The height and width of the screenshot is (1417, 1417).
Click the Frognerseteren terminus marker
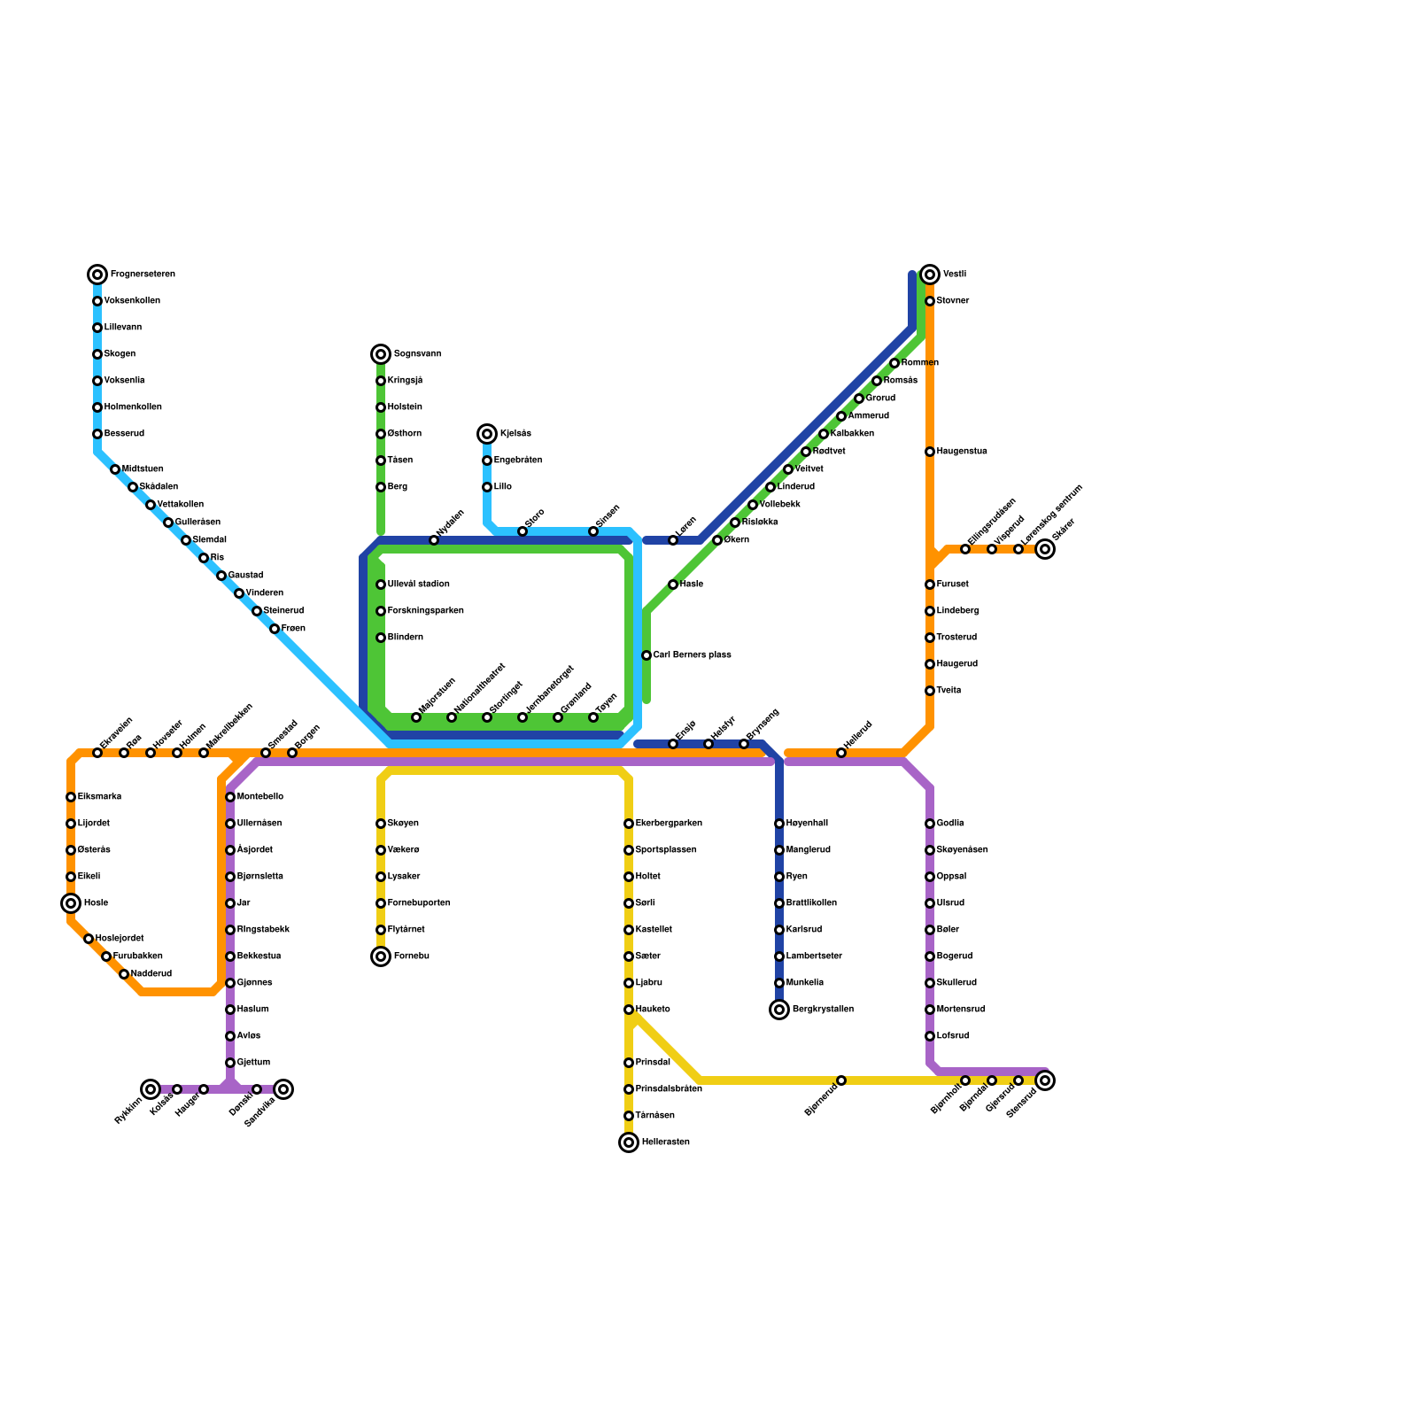coord(97,275)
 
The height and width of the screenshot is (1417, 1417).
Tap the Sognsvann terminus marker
coord(381,354)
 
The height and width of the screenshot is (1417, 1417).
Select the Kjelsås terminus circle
coord(487,434)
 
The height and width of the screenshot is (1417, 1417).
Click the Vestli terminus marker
coord(930,275)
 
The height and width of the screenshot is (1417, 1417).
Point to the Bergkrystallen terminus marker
coord(779,1010)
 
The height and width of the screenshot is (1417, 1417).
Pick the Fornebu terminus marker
coord(381,956)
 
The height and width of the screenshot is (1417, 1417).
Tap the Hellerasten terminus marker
coord(629,1142)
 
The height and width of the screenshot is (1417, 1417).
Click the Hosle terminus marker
coord(71,903)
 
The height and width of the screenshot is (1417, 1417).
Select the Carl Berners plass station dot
coord(647,655)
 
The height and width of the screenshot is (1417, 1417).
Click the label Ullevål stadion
coord(418,585)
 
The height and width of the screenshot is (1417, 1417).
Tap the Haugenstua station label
coord(962,452)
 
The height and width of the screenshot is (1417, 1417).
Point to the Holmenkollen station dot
coord(97,407)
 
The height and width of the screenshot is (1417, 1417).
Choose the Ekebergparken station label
coord(669,824)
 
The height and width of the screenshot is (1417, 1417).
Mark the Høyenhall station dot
coord(779,824)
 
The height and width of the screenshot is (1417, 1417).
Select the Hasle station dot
coord(673,585)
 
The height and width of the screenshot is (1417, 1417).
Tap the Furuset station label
coord(953,585)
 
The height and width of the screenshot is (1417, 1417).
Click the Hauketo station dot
coord(629,1010)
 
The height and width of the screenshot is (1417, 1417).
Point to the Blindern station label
coord(406,638)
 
